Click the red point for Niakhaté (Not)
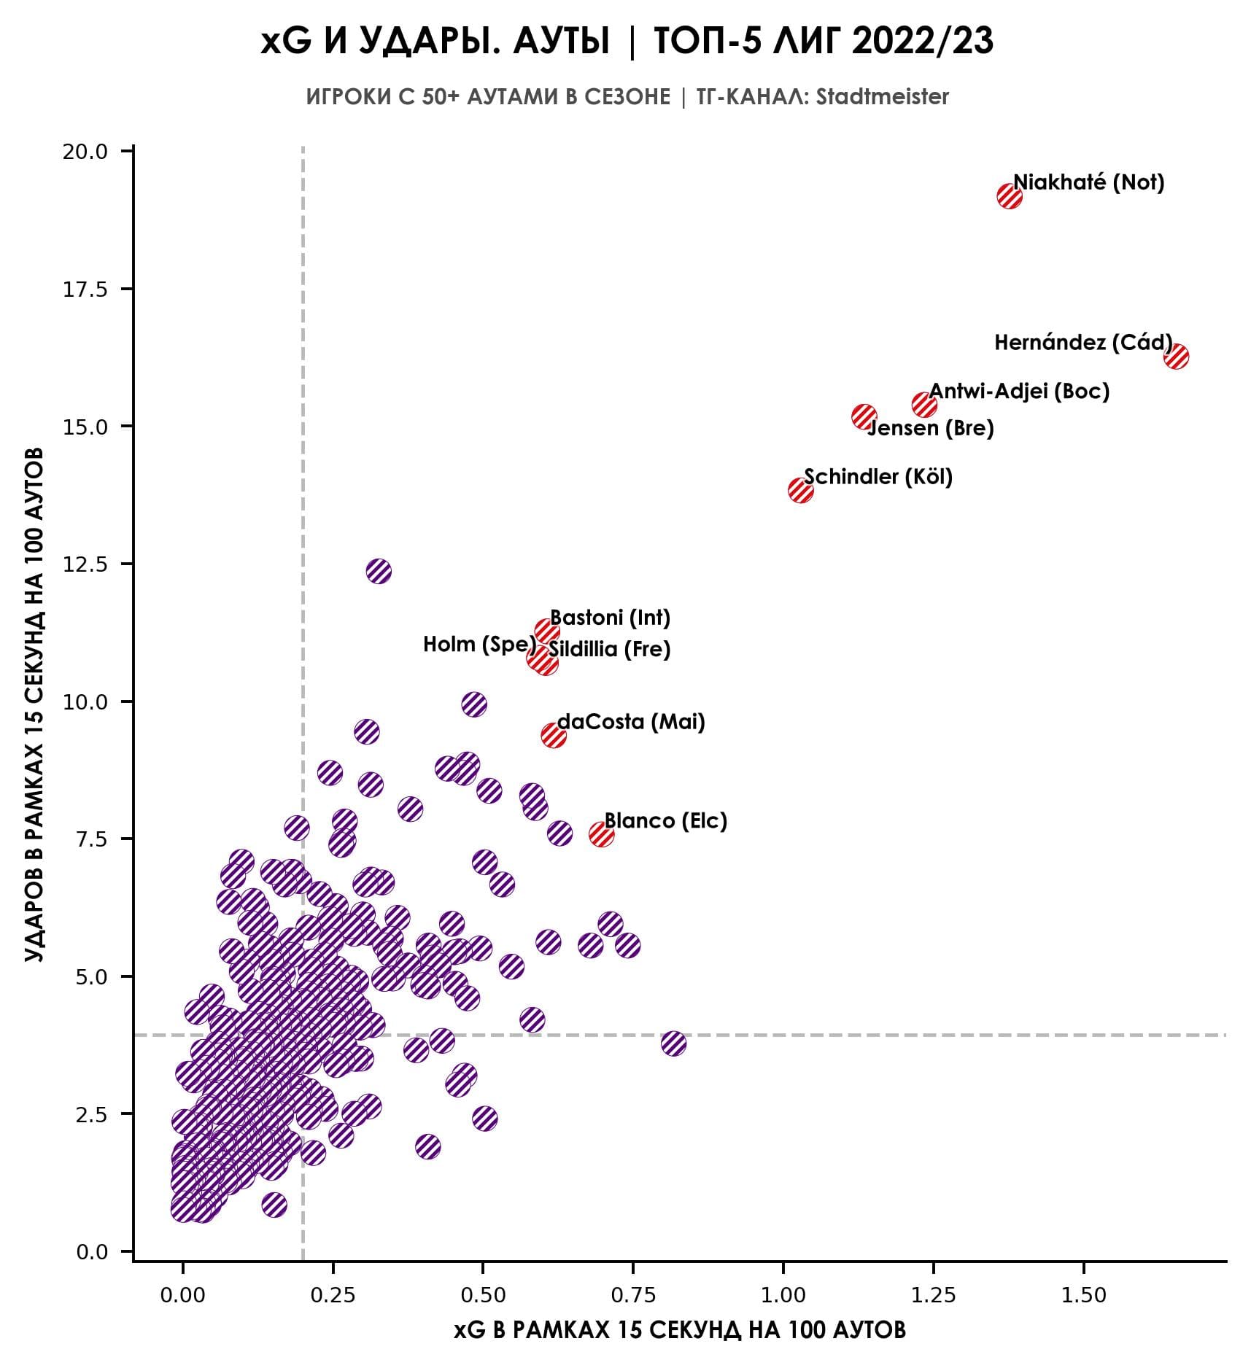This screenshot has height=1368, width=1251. click(1009, 196)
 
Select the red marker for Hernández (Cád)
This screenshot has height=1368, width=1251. click(1176, 357)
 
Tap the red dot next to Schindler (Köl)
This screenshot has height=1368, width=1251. click(800, 490)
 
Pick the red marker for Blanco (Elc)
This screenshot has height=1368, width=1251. click(601, 833)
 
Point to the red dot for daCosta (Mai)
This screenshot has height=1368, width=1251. click(554, 735)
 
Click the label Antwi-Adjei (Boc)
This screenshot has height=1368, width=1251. click(1018, 392)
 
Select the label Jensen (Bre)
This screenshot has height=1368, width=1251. click(930, 428)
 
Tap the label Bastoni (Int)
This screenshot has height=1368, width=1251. click(610, 618)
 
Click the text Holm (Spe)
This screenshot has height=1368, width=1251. click(479, 645)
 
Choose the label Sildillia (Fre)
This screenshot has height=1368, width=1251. click(609, 649)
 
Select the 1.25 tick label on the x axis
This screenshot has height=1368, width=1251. click(933, 1295)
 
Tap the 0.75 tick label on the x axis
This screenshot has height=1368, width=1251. click(632, 1295)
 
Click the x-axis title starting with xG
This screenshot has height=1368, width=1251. click(679, 1330)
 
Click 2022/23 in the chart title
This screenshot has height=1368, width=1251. click(921, 42)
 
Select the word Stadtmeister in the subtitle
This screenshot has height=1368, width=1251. click(883, 97)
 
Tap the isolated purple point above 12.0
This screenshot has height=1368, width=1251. click(379, 571)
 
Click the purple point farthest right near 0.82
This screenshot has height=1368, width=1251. click(673, 1044)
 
